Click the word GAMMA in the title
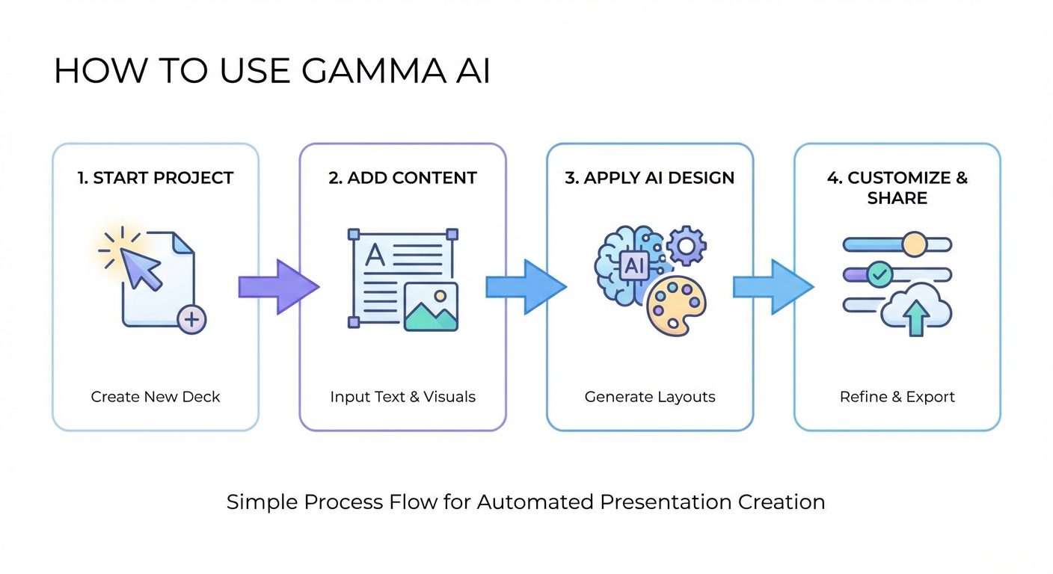click(362, 71)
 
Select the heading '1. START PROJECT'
click(156, 178)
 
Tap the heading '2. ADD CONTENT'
click(402, 178)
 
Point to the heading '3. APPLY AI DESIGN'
click(649, 178)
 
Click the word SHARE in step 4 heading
click(897, 198)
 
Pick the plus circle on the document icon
click(191, 320)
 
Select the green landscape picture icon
click(431, 306)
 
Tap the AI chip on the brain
click(633, 265)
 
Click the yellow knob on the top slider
click(914, 244)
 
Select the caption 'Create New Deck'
click(156, 397)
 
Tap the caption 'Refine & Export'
click(897, 397)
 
